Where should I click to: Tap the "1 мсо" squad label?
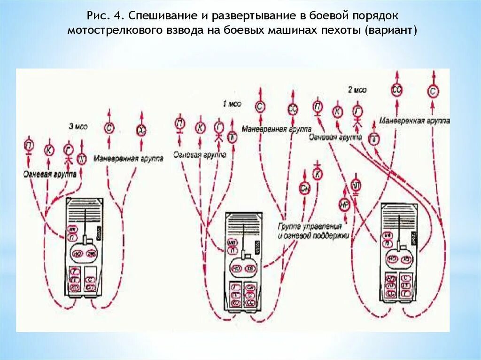coord(232,104)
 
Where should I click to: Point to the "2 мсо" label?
coord(357,90)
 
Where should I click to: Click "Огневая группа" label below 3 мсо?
coord(49,174)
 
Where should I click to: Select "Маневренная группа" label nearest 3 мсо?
coord(128,159)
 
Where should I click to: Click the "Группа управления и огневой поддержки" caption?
coord(313,231)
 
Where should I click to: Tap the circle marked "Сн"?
coord(304,188)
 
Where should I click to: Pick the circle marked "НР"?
coord(344,204)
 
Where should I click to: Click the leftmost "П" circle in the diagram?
coord(29,146)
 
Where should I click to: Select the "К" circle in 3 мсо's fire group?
coord(49,150)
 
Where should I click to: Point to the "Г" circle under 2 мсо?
coord(358,112)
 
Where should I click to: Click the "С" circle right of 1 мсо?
coord(260,107)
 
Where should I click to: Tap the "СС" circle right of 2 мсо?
coord(397,91)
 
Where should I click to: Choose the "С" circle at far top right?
coord(433,91)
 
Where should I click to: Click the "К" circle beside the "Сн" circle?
coord(318,174)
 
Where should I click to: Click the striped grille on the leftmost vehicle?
coord(85,207)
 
